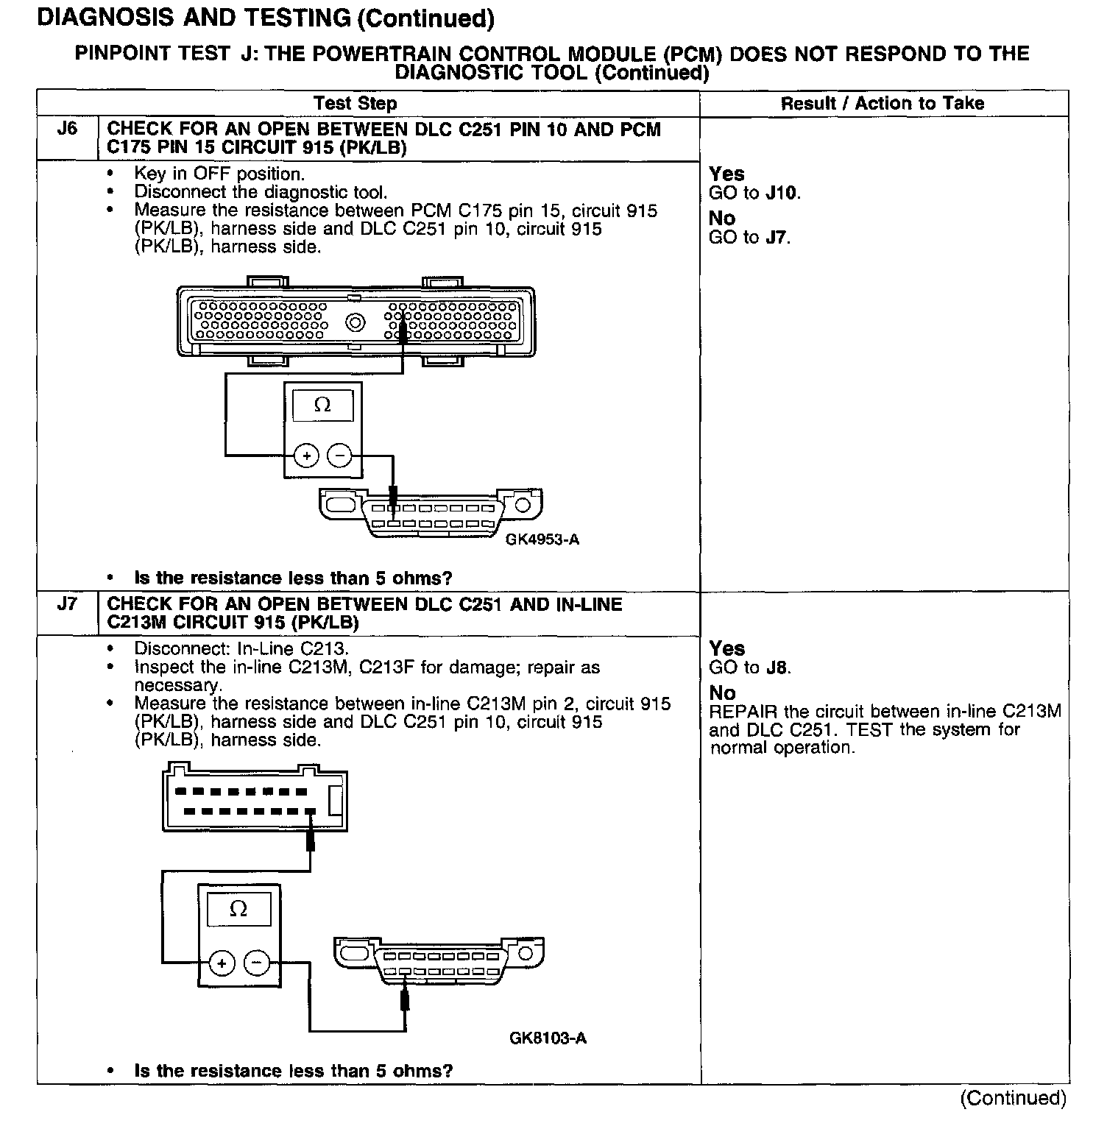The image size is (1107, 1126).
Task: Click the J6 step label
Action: (67, 130)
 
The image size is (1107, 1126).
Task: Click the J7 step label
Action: (67, 604)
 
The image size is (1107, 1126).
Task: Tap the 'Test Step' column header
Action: (355, 104)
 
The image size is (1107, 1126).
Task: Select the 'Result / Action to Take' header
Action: (883, 104)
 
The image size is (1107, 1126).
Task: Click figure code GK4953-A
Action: (542, 539)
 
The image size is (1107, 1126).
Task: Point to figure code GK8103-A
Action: (548, 1038)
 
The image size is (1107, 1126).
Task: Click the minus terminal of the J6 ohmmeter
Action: (339, 456)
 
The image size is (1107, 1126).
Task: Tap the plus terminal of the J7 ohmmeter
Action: (222, 963)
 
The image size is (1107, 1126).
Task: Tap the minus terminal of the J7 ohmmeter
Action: (256, 963)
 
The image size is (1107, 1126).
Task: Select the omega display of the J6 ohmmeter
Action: (322, 405)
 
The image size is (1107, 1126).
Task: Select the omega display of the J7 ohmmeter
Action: (238, 910)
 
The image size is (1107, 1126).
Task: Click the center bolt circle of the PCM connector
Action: (356, 322)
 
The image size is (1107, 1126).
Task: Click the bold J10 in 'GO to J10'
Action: (781, 194)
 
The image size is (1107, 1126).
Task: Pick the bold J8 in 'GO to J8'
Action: (777, 668)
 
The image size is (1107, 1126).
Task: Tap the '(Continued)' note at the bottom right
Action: (1013, 1098)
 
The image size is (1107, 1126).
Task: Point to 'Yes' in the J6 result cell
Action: (726, 174)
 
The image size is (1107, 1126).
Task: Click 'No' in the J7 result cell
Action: (722, 693)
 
